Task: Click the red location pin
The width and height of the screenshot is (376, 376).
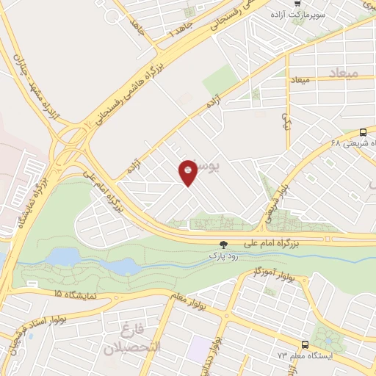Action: (189, 172)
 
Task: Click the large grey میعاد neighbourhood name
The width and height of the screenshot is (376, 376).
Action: (323, 74)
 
